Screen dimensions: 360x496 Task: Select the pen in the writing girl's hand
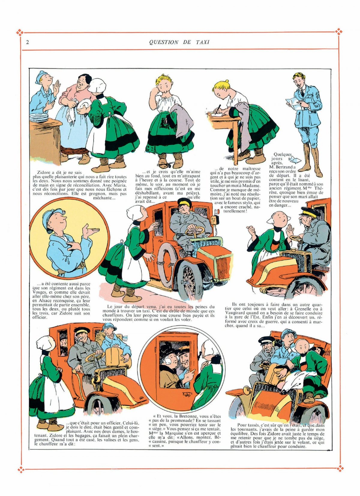219,109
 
